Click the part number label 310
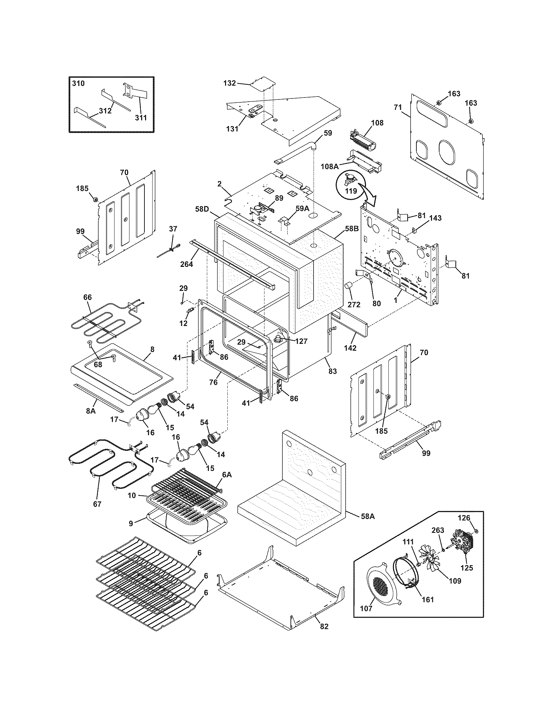78,84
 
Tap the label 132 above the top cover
229,83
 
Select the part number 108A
330,166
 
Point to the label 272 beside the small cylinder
354,305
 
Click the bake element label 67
97,504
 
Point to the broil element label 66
88,297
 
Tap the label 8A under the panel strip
91,410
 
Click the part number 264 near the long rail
186,264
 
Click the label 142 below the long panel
350,348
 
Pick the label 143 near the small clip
435,218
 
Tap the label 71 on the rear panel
398,107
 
